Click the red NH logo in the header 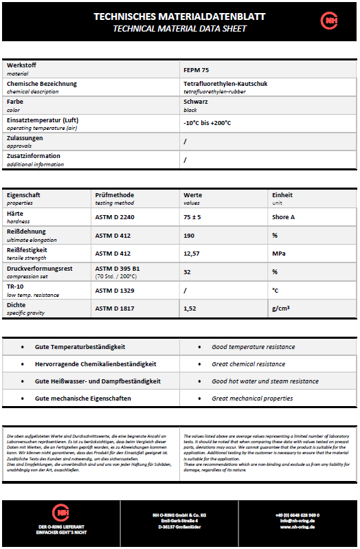pos(329,21)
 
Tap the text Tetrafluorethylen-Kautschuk pos(225,84)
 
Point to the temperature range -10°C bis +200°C pos(207,123)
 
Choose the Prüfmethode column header pos(114,194)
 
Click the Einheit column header pos(282,194)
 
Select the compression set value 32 pos(188,271)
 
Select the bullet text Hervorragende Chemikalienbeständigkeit pos(95,364)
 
